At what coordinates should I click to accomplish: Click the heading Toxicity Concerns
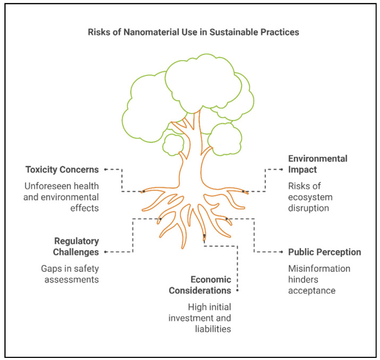(x=62, y=170)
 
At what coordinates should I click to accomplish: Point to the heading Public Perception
(x=324, y=252)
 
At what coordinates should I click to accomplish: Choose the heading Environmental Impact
(x=317, y=164)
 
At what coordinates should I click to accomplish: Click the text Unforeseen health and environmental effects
(x=62, y=196)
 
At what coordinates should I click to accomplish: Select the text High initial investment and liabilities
(x=210, y=318)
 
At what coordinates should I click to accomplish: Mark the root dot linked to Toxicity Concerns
(x=143, y=191)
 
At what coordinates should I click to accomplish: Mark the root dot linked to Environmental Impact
(x=244, y=191)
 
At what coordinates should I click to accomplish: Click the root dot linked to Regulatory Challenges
(x=160, y=219)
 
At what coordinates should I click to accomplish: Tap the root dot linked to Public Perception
(x=227, y=218)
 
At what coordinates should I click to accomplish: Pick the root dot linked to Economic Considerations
(x=204, y=236)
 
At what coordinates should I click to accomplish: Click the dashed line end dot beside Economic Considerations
(x=237, y=290)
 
